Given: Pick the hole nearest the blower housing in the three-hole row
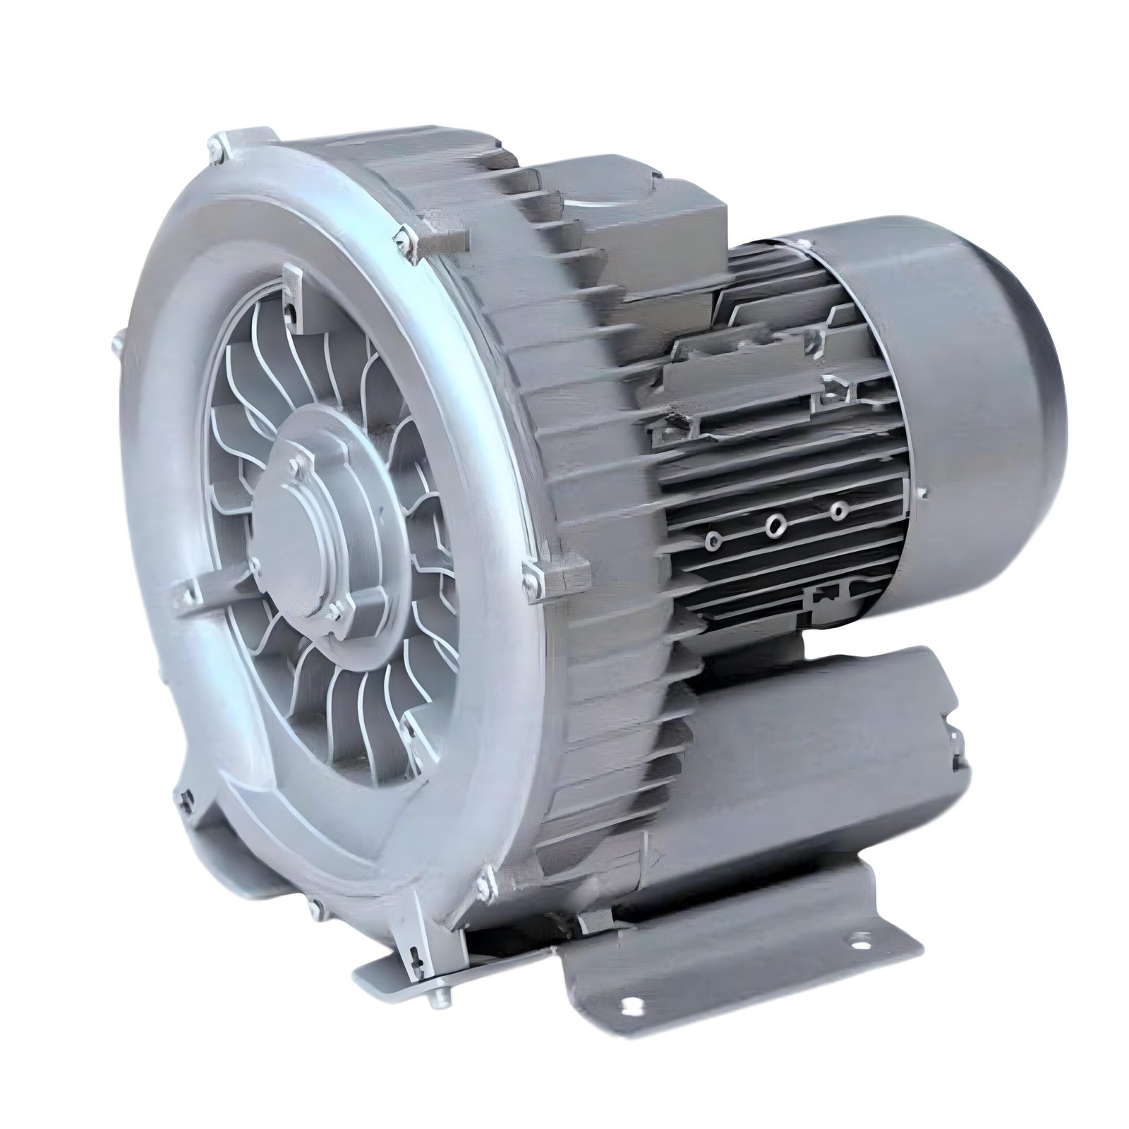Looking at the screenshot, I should pos(714,541).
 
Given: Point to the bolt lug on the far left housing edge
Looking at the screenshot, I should pos(115,346).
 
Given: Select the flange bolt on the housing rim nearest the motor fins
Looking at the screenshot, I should pos(529,575).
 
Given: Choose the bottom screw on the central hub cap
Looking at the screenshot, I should pos(330,609).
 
